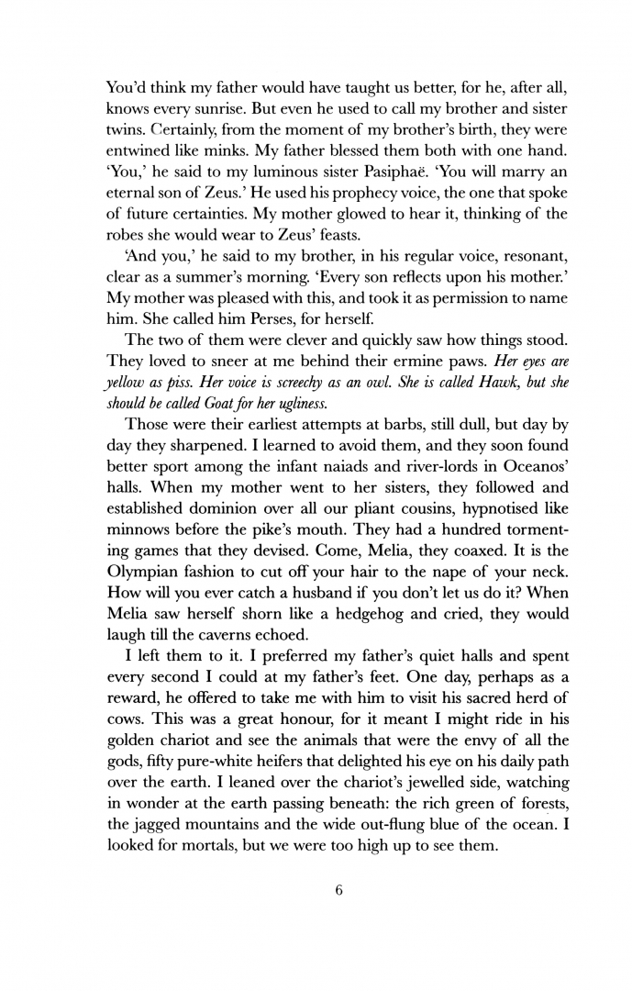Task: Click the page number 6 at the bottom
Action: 338,888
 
